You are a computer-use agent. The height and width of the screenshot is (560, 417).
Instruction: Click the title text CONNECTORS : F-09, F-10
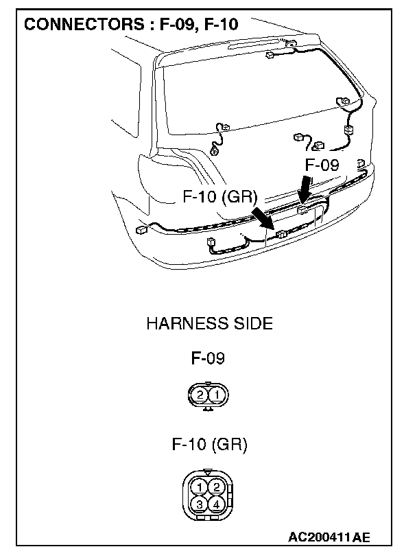131,25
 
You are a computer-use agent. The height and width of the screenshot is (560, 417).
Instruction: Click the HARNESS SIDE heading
209,323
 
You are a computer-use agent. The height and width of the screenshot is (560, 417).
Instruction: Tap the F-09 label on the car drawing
322,165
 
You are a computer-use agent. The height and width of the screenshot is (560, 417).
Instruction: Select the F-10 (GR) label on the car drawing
220,197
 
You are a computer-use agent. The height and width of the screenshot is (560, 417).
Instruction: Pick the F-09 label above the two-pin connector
208,358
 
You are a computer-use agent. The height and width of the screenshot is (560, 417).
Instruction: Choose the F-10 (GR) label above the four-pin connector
209,444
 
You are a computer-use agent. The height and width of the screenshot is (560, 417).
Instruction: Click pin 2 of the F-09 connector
200,395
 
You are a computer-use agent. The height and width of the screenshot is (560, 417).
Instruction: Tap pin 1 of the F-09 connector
216,395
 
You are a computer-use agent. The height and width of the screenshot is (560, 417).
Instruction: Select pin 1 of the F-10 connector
199,487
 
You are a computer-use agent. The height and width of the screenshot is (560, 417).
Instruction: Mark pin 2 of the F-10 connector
216,487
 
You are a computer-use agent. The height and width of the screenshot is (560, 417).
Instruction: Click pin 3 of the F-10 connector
199,504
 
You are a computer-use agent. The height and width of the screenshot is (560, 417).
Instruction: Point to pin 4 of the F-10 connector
216,504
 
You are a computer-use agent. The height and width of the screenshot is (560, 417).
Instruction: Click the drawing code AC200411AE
333,536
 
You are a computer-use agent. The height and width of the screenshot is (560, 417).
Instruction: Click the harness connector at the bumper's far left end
141,230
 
